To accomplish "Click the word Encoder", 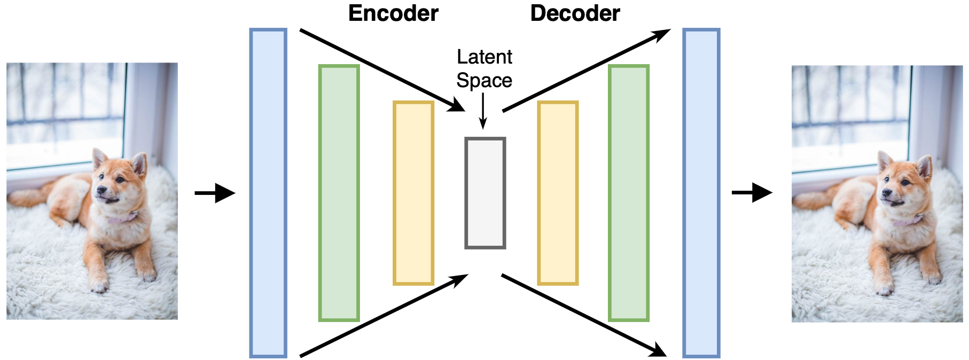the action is pyautogui.click(x=393, y=13).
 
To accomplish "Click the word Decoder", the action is pyautogui.click(x=575, y=13).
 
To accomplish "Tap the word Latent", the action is pyautogui.click(x=484, y=57).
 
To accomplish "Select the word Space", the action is pyautogui.click(x=484, y=81).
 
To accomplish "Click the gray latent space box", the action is pyautogui.click(x=485, y=193).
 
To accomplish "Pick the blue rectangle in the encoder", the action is pyautogui.click(x=268, y=193).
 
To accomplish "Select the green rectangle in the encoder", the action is pyautogui.click(x=339, y=193).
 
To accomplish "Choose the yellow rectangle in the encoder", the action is pyautogui.click(x=413, y=193).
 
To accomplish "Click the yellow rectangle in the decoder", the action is pyautogui.click(x=558, y=193).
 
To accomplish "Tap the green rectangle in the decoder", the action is pyautogui.click(x=629, y=193).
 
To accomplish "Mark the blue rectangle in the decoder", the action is pyautogui.click(x=701, y=193).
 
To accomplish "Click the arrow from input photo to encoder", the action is pyautogui.click(x=215, y=193).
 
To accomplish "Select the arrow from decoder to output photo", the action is pyautogui.click(x=752, y=193).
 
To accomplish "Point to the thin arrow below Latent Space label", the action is pyautogui.click(x=483, y=111).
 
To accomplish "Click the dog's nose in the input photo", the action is pyautogui.click(x=99, y=190).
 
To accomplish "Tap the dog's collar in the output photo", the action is pyautogui.click(x=908, y=220).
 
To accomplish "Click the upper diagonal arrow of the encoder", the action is pyautogui.click(x=382, y=70).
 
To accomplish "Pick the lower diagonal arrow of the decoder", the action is pyautogui.click(x=584, y=315).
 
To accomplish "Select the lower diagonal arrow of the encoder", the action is pyautogui.click(x=384, y=315).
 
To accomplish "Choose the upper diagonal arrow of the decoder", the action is pyautogui.click(x=587, y=70).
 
